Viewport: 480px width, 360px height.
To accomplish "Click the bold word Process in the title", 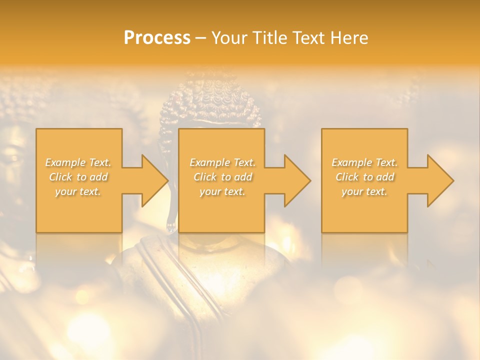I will [157, 38].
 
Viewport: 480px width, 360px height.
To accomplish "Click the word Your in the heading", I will [228, 38].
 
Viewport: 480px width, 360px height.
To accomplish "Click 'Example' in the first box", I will [65, 162].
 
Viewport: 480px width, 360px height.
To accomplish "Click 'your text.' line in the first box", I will [78, 191].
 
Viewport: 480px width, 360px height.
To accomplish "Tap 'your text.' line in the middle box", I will [222, 191].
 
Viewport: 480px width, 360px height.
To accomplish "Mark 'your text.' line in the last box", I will [364, 191].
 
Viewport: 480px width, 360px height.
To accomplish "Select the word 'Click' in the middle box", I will [204, 177].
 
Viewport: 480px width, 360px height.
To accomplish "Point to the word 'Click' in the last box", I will [346, 177].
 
